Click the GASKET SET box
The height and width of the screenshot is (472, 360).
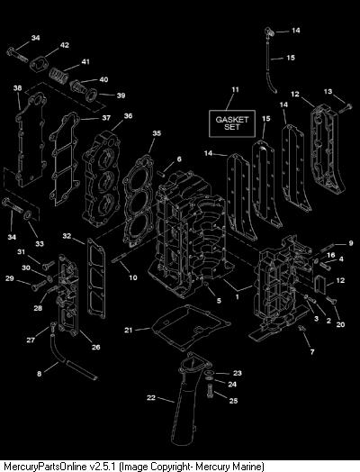(232, 123)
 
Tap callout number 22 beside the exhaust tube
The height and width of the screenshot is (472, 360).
(151, 397)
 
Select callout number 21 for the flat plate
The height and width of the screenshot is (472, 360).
(129, 330)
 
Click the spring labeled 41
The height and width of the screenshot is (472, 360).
(58, 76)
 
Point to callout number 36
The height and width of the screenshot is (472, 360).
(128, 116)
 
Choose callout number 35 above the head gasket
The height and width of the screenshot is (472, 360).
(157, 133)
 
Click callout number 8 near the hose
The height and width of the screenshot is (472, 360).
(39, 374)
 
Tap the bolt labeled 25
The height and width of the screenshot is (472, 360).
(210, 392)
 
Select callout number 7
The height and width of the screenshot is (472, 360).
(312, 351)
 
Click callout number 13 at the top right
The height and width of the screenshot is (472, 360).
(328, 91)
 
